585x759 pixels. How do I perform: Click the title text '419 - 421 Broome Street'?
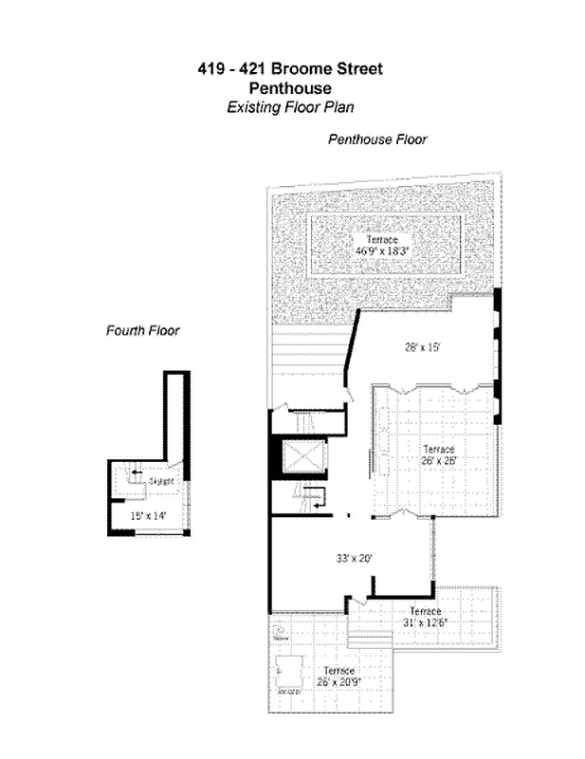291,68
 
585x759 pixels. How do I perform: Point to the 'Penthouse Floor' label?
377,139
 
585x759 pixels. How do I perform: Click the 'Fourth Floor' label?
142,331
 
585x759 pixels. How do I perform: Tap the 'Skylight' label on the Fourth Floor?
161,482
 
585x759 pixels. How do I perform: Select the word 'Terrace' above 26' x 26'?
439,449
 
